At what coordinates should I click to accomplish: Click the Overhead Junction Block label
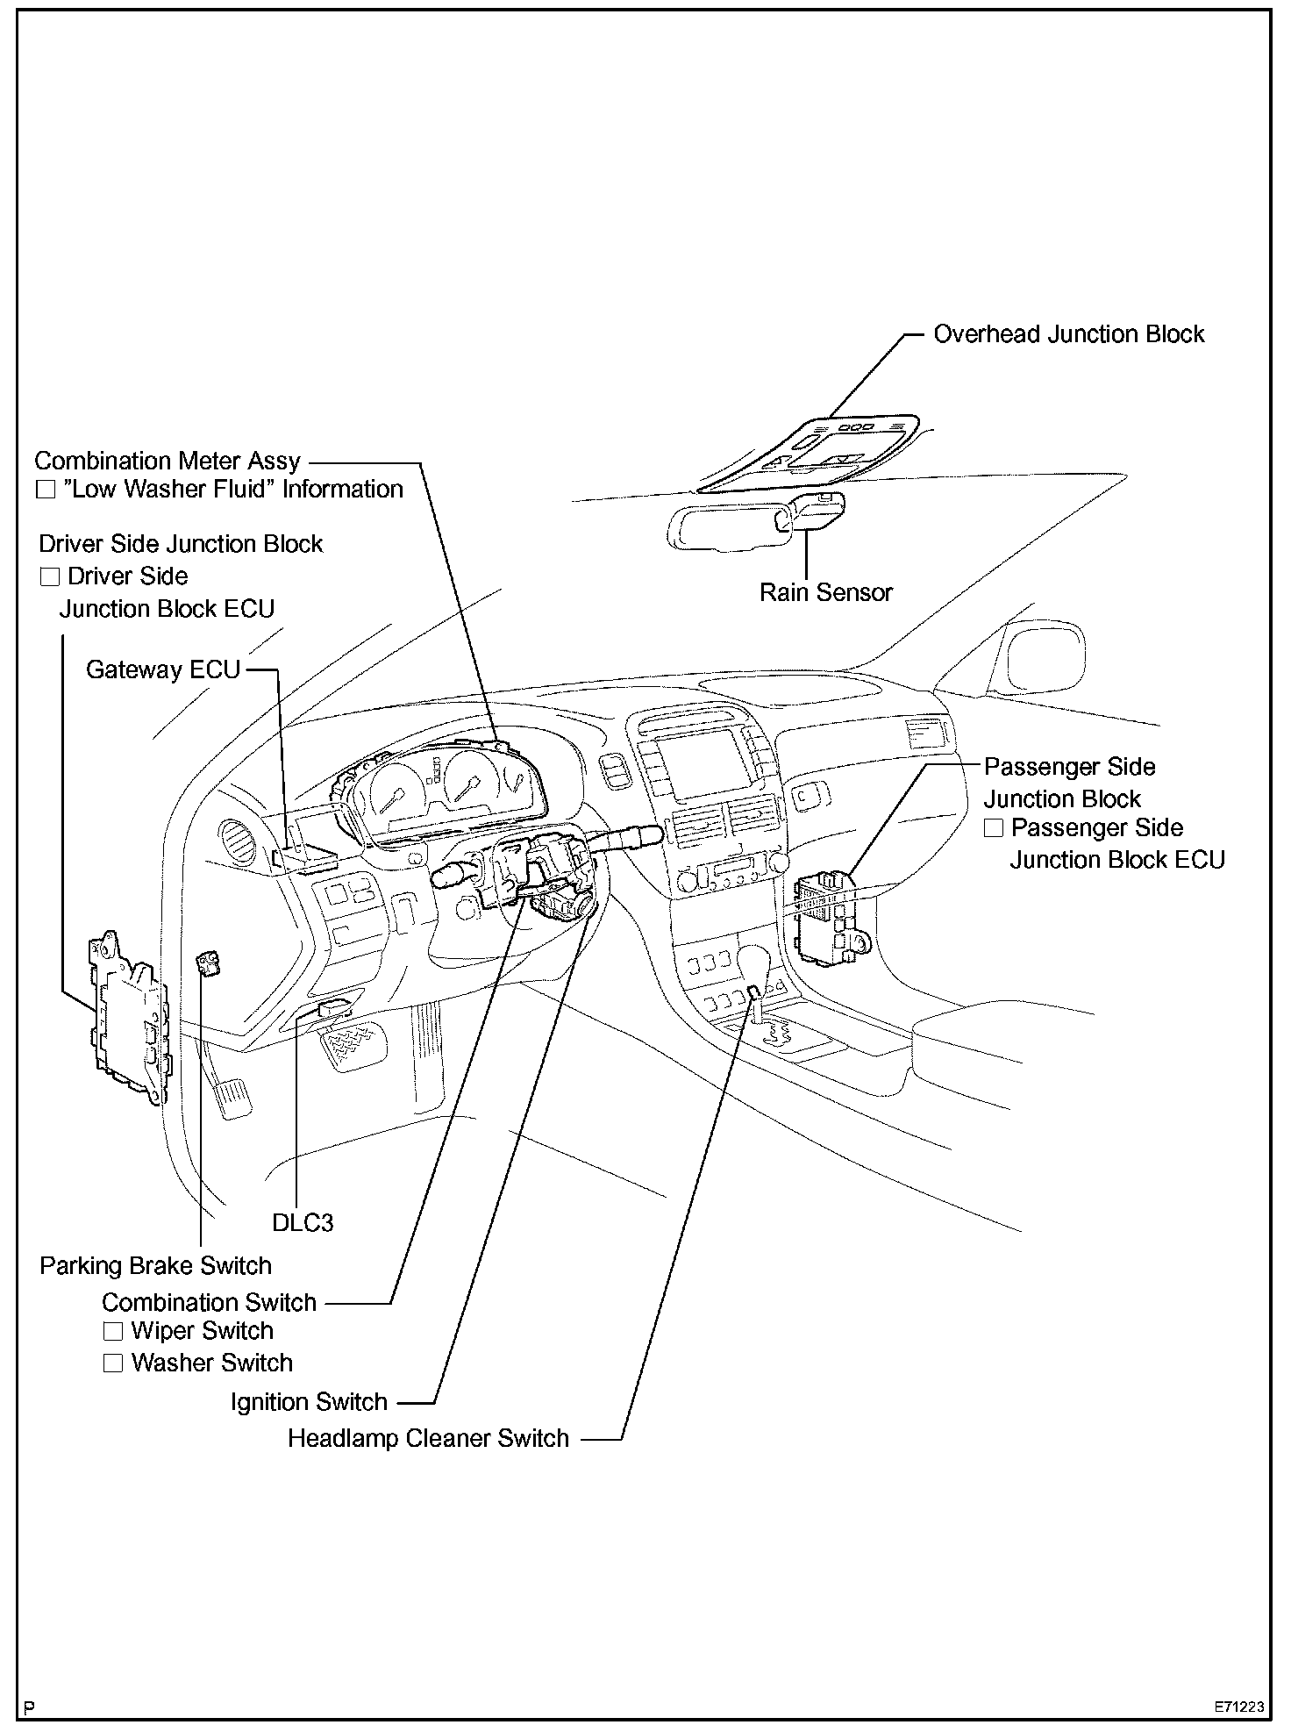click(x=1068, y=334)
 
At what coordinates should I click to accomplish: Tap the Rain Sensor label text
click(x=825, y=592)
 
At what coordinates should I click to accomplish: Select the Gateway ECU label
click(x=163, y=670)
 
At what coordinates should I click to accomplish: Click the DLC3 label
click(x=303, y=1223)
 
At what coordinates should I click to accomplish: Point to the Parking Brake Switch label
click(x=156, y=1265)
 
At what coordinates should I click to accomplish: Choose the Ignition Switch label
click(x=309, y=1402)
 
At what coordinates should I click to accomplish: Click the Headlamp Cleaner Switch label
click(x=428, y=1439)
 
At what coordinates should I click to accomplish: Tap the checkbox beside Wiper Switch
click(x=113, y=1331)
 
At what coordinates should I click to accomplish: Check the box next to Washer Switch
click(x=113, y=1363)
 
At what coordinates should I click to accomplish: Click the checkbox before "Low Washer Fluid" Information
click(x=46, y=490)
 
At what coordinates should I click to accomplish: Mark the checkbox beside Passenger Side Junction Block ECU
click(x=993, y=827)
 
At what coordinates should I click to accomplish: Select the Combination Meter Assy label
click(x=168, y=461)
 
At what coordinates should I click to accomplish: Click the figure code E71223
click(x=1239, y=1707)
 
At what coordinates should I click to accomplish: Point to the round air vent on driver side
click(x=236, y=844)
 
